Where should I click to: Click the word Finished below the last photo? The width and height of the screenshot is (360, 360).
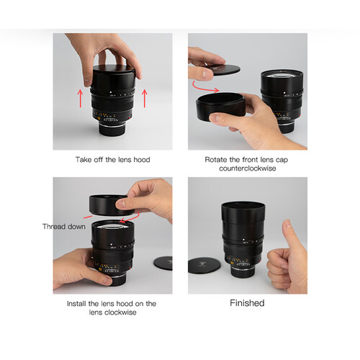coord(247,303)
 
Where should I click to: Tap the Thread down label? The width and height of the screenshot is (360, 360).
coord(64,227)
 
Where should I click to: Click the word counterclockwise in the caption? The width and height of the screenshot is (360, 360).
coord(248,168)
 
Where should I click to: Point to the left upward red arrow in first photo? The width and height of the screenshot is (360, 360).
coord(80,99)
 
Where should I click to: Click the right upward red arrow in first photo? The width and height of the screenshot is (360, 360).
coord(145,99)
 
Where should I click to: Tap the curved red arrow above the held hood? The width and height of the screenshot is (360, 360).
coord(205,88)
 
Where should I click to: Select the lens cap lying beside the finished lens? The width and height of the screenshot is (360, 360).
coord(204,266)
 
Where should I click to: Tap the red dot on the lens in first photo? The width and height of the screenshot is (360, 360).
coord(130,118)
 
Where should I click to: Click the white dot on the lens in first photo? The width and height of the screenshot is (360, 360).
coord(111,92)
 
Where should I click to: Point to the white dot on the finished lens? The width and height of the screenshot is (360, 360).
coord(243,240)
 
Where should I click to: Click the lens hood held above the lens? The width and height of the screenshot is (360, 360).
coord(111,205)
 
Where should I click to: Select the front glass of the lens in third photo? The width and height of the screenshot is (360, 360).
coord(112,225)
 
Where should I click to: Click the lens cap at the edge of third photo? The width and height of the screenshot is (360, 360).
coord(163,264)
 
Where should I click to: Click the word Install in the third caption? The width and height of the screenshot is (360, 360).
coord(76,304)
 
